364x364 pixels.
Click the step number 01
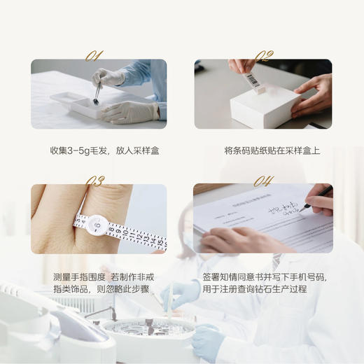[x=94, y=55]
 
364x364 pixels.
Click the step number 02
[x=263, y=55]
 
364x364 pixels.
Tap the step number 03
[x=94, y=181]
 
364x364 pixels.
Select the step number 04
[x=263, y=181]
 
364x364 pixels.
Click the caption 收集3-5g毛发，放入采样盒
[x=99, y=150]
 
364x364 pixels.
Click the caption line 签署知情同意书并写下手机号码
[x=264, y=276]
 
